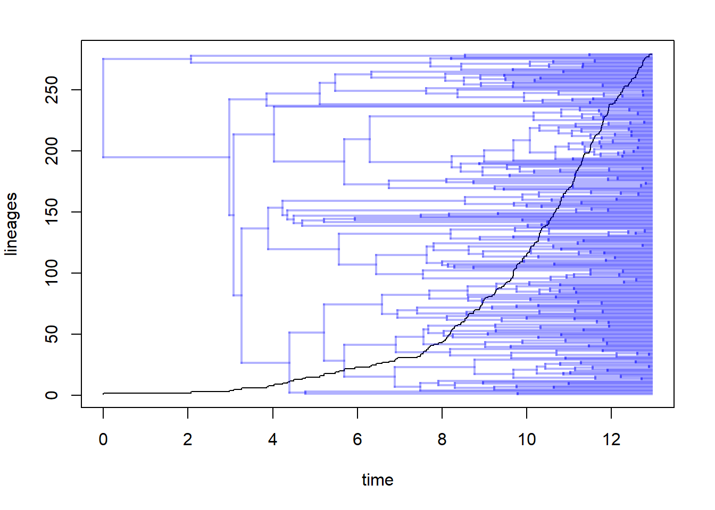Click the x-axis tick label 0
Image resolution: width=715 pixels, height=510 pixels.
click(103, 439)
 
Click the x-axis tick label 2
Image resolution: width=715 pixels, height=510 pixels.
click(188, 439)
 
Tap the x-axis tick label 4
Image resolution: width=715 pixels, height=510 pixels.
click(272, 439)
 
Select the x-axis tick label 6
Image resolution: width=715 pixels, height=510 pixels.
click(358, 439)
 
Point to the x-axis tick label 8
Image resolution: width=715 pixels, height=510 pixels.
click(442, 439)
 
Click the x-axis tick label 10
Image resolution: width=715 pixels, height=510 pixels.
click(527, 439)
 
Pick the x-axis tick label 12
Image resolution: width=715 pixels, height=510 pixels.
click(611, 439)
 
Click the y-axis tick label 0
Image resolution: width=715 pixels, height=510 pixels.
click(52, 395)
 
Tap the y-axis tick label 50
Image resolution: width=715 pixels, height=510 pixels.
click(52, 334)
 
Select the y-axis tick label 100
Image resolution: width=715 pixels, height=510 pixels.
click(52, 273)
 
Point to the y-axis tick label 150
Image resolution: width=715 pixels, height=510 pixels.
click(52, 212)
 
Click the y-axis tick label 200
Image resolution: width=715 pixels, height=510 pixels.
click(52, 151)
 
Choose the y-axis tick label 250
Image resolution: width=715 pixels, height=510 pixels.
click(52, 90)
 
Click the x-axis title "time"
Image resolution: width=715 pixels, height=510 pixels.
click(377, 480)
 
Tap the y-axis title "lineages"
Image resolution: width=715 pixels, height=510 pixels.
click(11, 224)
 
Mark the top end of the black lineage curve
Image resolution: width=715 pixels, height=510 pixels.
click(651, 55)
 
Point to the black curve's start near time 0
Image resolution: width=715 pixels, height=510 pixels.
click(104, 394)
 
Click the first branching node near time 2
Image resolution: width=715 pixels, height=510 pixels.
click(190, 59)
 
